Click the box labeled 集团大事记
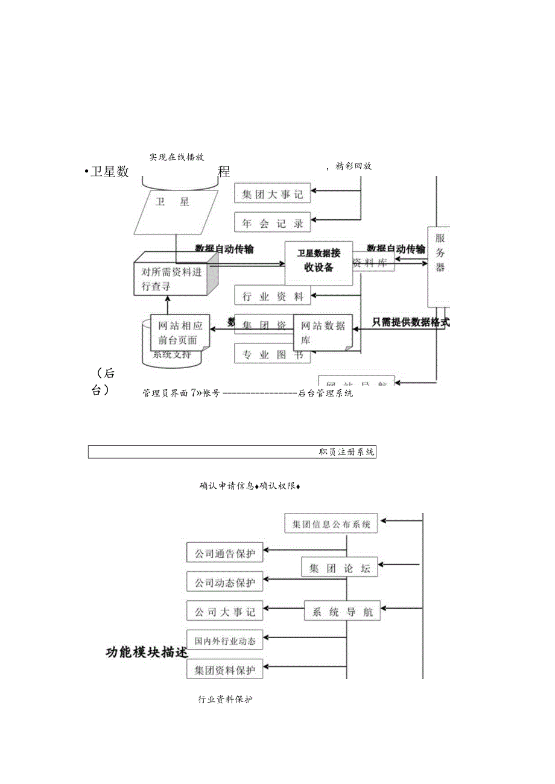[272, 193]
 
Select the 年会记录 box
[272, 222]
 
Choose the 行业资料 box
[272, 295]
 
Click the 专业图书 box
[272, 354]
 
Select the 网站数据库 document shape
[323, 333]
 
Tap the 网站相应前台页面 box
[180, 332]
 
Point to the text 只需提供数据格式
[410, 322]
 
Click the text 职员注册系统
[346, 452]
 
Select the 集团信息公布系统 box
[331, 524]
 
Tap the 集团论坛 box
[339, 568]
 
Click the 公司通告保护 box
[224, 553]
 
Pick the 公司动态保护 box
[224, 582]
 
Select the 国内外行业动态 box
[224, 641]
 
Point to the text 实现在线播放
[177, 157]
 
